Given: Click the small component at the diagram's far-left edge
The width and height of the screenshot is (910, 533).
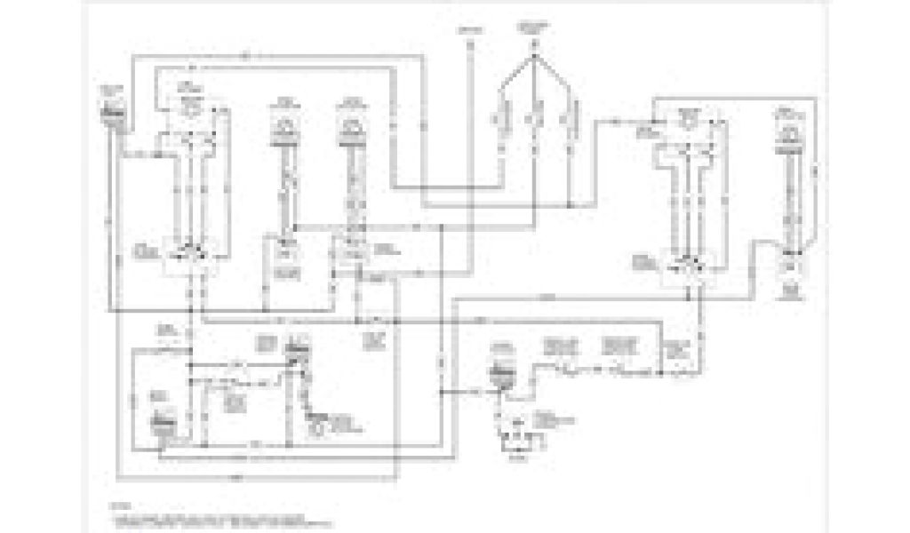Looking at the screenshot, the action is pos(111,114).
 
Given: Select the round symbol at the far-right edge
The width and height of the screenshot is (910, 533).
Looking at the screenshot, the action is pos(787,133).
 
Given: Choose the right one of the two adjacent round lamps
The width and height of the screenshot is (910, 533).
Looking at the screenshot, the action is pos(349,129).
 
